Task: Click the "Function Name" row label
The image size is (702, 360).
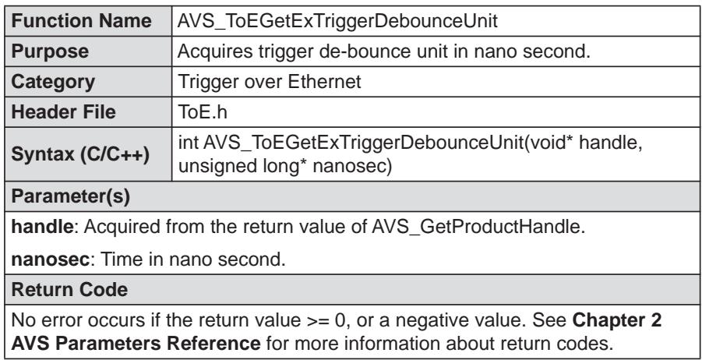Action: point(81,21)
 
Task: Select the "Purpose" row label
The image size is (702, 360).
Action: point(50,51)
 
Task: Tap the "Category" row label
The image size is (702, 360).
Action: point(53,82)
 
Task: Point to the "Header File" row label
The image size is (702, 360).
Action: point(63,111)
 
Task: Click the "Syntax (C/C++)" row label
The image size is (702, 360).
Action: point(80,154)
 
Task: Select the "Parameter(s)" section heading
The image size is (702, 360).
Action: point(70,197)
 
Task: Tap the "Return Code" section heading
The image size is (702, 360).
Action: point(69,290)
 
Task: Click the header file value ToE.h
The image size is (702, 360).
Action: point(203,112)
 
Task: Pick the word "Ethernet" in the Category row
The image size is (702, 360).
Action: point(324,82)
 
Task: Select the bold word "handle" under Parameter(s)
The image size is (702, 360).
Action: point(41,227)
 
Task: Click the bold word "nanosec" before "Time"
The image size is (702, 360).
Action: point(50,259)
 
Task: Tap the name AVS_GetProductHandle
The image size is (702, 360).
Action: point(478,227)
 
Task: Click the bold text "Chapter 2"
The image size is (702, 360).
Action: point(617,320)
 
